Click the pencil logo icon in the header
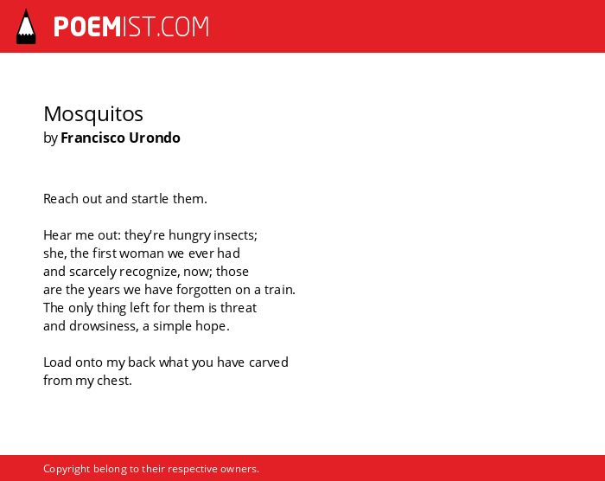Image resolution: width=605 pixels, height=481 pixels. (26, 27)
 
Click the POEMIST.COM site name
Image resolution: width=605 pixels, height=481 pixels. (131, 27)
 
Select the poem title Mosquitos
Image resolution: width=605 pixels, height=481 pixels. (93, 114)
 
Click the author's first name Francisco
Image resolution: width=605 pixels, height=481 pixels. (93, 138)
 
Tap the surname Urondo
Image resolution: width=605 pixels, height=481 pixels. (155, 138)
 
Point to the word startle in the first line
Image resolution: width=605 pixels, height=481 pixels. (150, 199)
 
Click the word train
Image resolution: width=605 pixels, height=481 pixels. (278, 290)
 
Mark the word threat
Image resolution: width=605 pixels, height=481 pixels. (239, 308)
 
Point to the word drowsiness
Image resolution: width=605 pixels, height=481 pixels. (102, 326)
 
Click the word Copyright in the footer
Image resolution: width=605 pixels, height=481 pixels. (67, 469)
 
